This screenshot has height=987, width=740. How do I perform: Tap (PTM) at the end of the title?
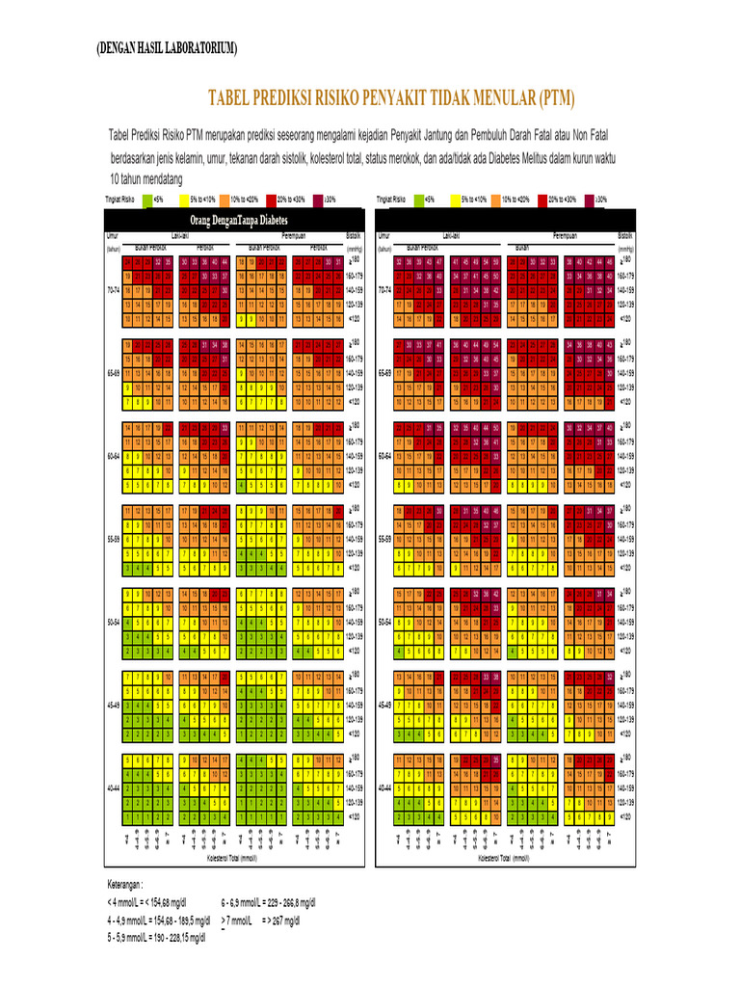[x=557, y=97]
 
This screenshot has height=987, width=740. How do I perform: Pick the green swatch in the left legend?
[x=147, y=200]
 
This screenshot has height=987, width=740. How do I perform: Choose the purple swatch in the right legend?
[x=587, y=200]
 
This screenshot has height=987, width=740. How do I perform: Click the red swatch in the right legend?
[x=542, y=200]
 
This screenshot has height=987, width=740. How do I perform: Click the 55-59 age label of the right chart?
[x=384, y=539]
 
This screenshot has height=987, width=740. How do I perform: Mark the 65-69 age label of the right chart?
[x=384, y=372]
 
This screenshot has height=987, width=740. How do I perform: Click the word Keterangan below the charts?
[x=125, y=883]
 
